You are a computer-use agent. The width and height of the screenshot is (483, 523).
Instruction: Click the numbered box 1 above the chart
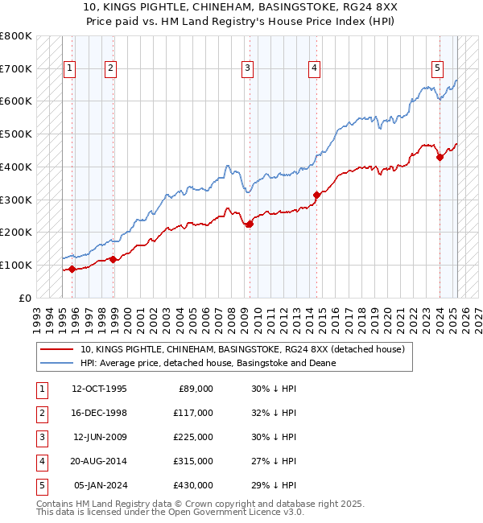[70, 68]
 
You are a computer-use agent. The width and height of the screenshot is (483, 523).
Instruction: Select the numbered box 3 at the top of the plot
[247, 68]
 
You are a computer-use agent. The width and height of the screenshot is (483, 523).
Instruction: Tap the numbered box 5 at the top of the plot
[437, 68]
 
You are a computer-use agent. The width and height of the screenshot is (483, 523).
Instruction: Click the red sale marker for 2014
[316, 194]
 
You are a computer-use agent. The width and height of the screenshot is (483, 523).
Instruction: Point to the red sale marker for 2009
[250, 224]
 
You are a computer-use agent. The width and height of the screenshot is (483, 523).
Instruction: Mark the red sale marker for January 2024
[440, 158]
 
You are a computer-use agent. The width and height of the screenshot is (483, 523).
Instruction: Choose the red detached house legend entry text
[247, 349]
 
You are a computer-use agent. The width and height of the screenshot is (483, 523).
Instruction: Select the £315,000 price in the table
[193, 461]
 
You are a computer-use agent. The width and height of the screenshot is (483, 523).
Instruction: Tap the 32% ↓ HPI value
[274, 413]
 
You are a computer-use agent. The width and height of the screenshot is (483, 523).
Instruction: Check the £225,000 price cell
[193, 437]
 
